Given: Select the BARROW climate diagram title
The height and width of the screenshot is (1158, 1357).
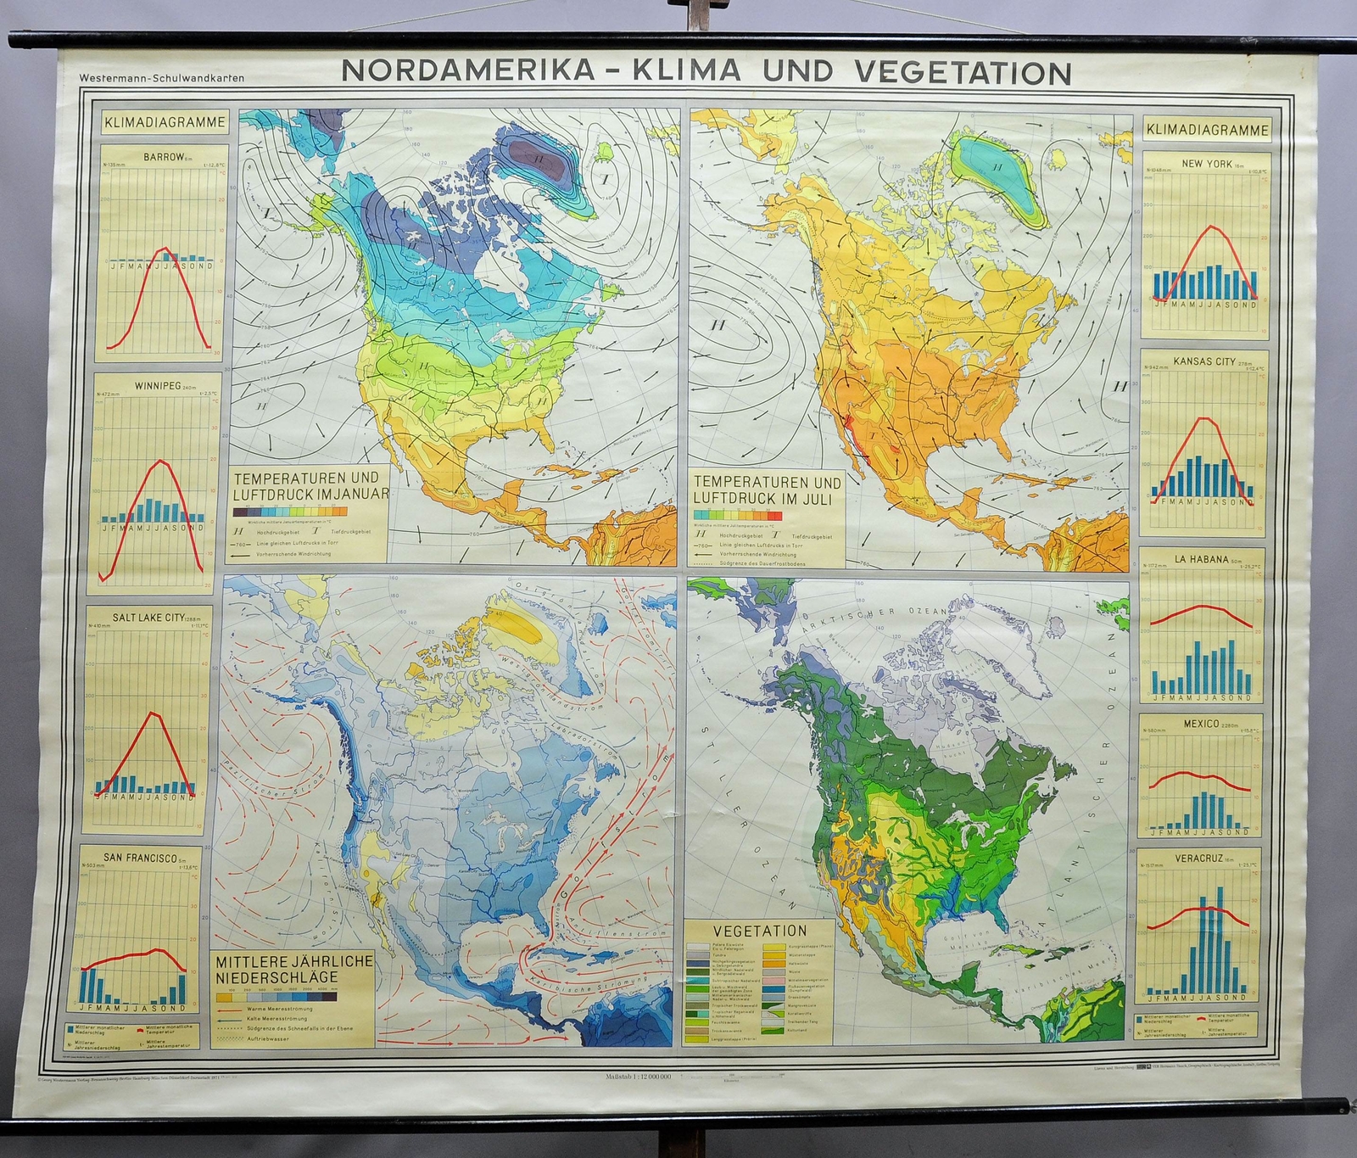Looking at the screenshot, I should tap(163, 157).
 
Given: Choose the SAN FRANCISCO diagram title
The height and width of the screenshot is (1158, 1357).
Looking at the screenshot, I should tap(139, 858).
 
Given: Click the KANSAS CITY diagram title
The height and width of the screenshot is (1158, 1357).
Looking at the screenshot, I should tap(1203, 362).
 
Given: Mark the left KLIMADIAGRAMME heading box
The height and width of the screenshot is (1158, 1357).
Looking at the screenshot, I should tap(165, 122).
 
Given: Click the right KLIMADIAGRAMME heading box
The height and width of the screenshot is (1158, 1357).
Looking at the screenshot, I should tap(1207, 130).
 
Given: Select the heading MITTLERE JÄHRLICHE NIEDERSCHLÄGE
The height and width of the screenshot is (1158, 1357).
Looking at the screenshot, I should tap(293, 969).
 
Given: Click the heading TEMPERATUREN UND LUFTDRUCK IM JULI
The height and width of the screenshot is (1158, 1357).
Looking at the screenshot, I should tap(768, 489).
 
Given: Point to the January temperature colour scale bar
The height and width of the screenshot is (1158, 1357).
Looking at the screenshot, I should tap(290, 512).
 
